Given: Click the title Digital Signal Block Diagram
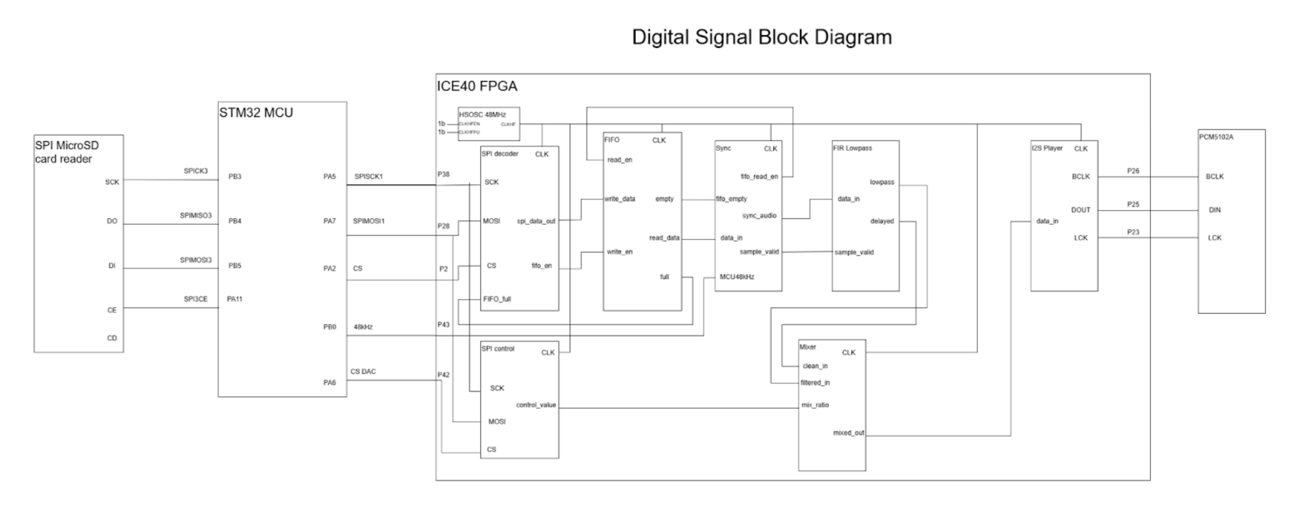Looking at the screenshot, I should click(762, 37).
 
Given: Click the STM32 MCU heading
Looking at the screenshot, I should click(256, 113).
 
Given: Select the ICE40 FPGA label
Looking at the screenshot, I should click(476, 86).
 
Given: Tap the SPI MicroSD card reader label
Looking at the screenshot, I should click(66, 152).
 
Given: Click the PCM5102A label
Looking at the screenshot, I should click(1216, 137).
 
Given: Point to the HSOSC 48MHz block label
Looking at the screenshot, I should click(482, 115).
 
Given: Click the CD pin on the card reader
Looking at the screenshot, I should click(112, 338).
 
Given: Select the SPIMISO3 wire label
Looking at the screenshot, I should click(196, 216).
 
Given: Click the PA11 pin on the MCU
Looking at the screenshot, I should click(235, 299).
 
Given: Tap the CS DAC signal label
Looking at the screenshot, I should click(363, 372).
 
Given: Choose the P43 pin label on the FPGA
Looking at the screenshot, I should click(443, 324).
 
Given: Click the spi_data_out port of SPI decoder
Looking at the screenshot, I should click(535, 221).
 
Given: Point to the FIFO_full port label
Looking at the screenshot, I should click(497, 299).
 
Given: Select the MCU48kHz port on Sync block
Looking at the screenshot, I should click(737, 277).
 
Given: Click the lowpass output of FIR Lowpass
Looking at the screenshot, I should click(882, 182).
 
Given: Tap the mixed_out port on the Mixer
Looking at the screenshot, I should click(848, 433).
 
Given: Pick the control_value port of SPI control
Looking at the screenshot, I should click(535, 405).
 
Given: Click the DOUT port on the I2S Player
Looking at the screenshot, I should click(1080, 210).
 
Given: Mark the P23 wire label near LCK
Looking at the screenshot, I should click(1133, 232).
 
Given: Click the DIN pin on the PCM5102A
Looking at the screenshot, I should click(1215, 210).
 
